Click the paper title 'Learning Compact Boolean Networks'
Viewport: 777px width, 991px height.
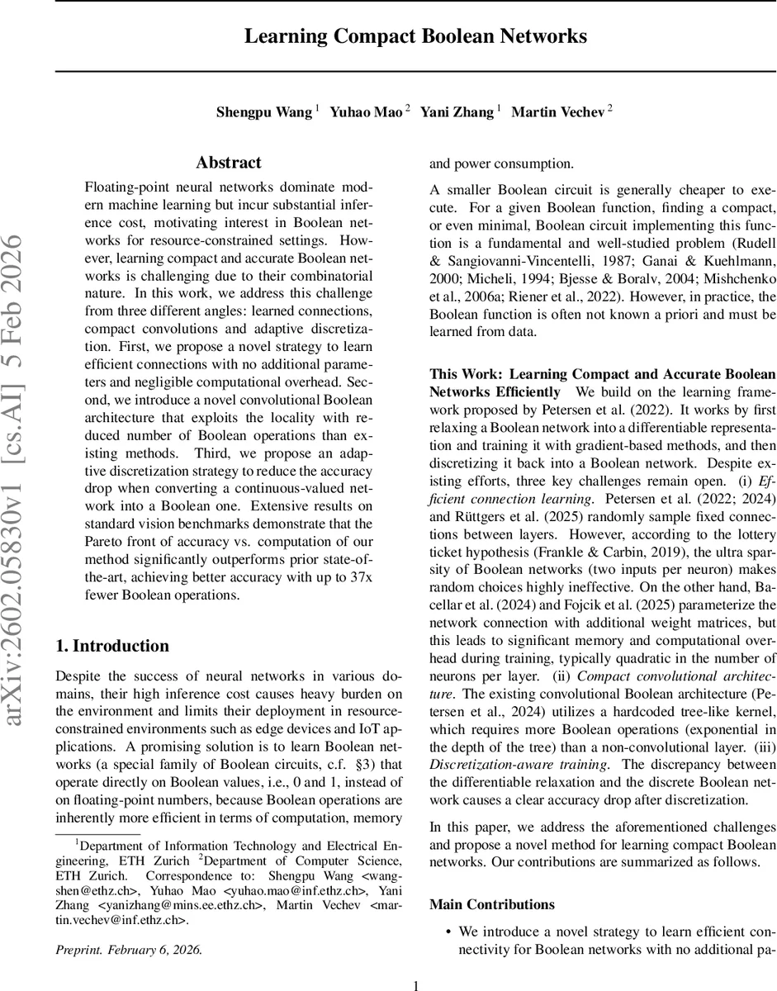pos(415,37)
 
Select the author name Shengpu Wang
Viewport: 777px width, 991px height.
pos(264,112)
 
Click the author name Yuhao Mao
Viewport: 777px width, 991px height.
pos(366,112)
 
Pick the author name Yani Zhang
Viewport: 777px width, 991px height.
pos(457,112)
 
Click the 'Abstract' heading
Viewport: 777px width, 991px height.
pos(229,163)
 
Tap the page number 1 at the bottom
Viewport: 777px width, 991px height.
pos(415,985)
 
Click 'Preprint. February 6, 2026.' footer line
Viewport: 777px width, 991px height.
pos(128,950)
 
